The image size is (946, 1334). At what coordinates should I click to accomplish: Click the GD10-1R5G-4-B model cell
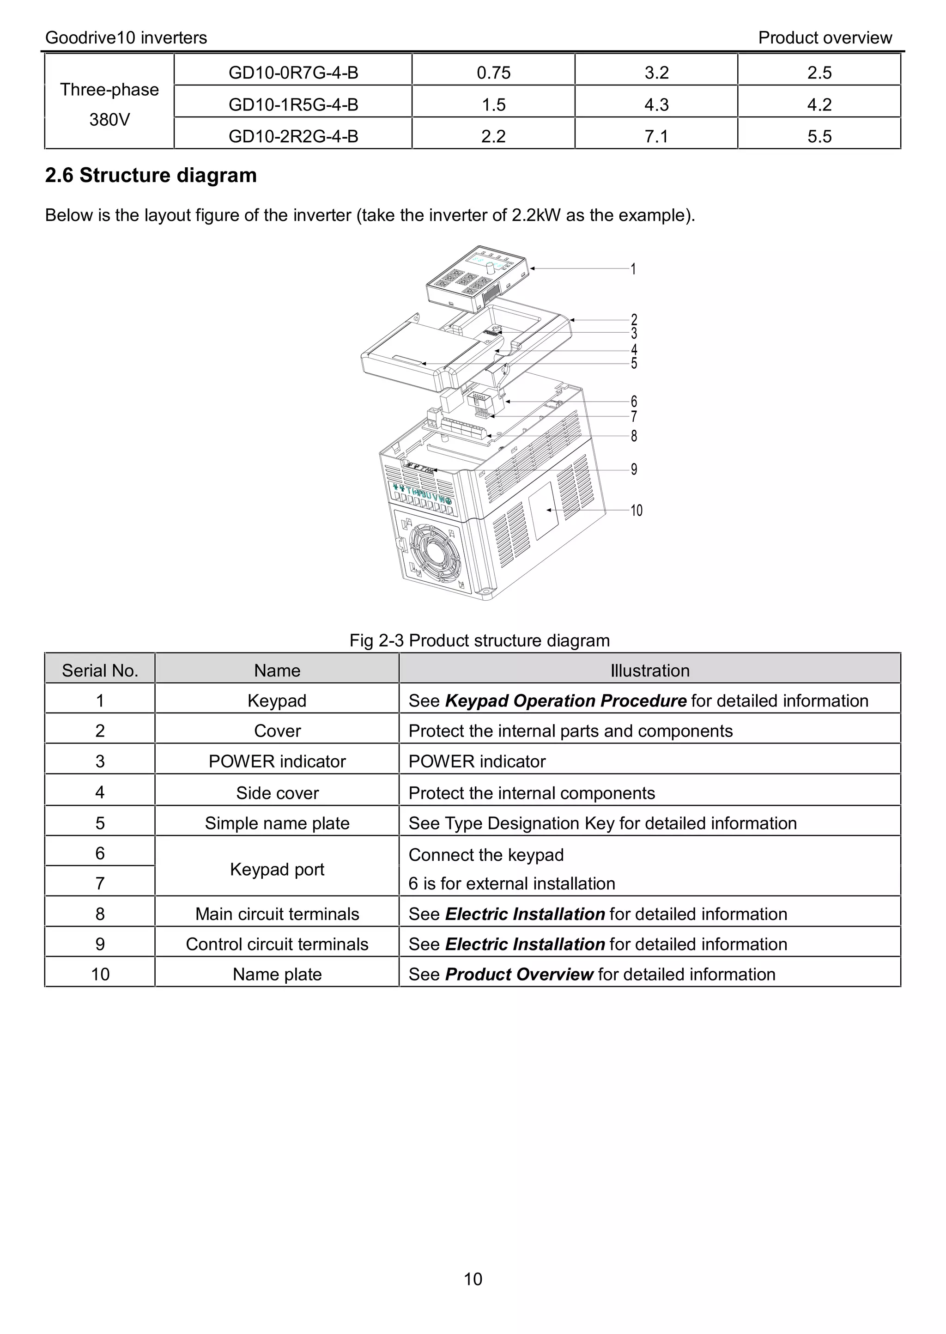(x=293, y=104)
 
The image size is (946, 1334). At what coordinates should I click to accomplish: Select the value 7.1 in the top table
(x=656, y=136)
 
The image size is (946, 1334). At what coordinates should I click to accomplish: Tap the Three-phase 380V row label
(x=109, y=104)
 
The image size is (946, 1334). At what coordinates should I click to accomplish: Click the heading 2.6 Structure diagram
(x=151, y=175)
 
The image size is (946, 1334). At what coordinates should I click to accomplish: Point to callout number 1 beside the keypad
(x=633, y=269)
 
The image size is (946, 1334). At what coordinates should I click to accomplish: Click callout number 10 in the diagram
(x=636, y=511)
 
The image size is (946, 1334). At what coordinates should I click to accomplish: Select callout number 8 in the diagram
(x=634, y=436)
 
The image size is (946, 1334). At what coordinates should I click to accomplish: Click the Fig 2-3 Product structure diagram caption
(x=479, y=640)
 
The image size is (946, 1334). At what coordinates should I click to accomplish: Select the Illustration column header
(x=649, y=670)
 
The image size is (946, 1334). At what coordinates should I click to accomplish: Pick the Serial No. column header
(x=100, y=670)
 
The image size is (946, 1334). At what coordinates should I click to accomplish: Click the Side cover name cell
(x=277, y=793)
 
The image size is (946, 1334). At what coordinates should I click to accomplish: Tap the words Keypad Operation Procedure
(x=565, y=701)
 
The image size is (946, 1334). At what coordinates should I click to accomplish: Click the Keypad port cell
(x=277, y=869)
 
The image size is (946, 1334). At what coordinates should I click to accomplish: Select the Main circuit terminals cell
(x=277, y=914)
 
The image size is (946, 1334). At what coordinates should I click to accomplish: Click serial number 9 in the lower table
(x=100, y=944)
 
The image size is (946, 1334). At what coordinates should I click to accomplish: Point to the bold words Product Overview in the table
(x=518, y=975)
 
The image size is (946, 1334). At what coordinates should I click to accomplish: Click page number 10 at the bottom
(x=473, y=1279)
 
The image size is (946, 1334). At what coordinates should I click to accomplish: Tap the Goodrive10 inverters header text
(x=126, y=38)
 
